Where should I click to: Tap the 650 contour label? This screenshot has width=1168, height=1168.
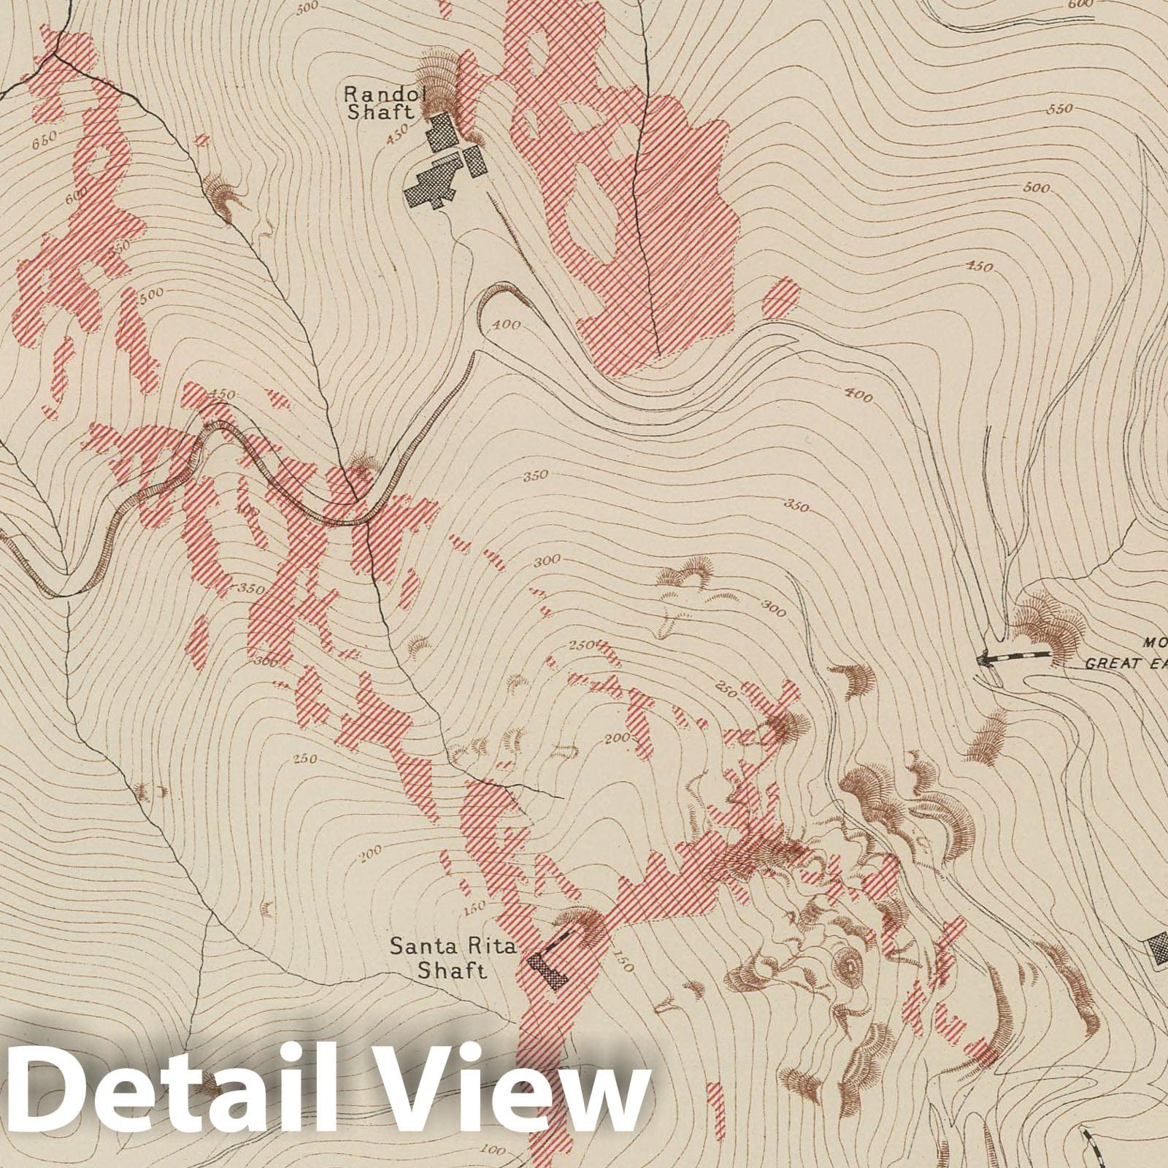[x=45, y=142]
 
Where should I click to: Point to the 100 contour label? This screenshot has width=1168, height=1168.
[x=493, y=1151]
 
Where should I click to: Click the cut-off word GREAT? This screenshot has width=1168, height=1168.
[x=1124, y=664]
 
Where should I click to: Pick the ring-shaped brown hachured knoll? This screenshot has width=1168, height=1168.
[x=848, y=968]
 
